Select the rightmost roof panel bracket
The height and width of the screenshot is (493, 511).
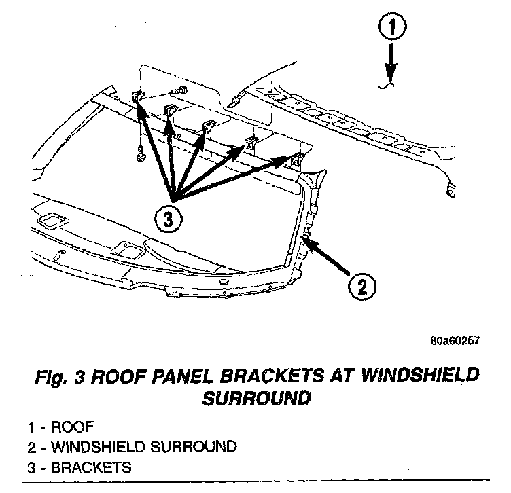(297, 160)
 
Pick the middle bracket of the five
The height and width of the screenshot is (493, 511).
(209, 126)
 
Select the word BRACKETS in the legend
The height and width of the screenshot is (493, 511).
(90, 468)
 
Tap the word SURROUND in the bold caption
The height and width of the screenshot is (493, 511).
(256, 398)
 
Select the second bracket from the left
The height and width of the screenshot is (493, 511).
(170, 110)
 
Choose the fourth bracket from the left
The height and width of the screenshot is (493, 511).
(251, 143)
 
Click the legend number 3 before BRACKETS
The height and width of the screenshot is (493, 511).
(32, 468)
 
